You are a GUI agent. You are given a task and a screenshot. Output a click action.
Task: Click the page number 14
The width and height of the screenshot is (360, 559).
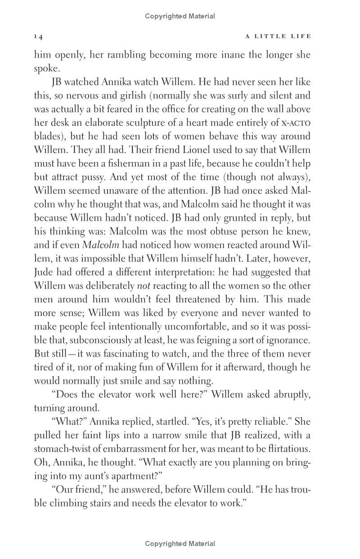click(38, 36)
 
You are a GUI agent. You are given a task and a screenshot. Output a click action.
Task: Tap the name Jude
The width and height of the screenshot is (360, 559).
click(44, 272)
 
